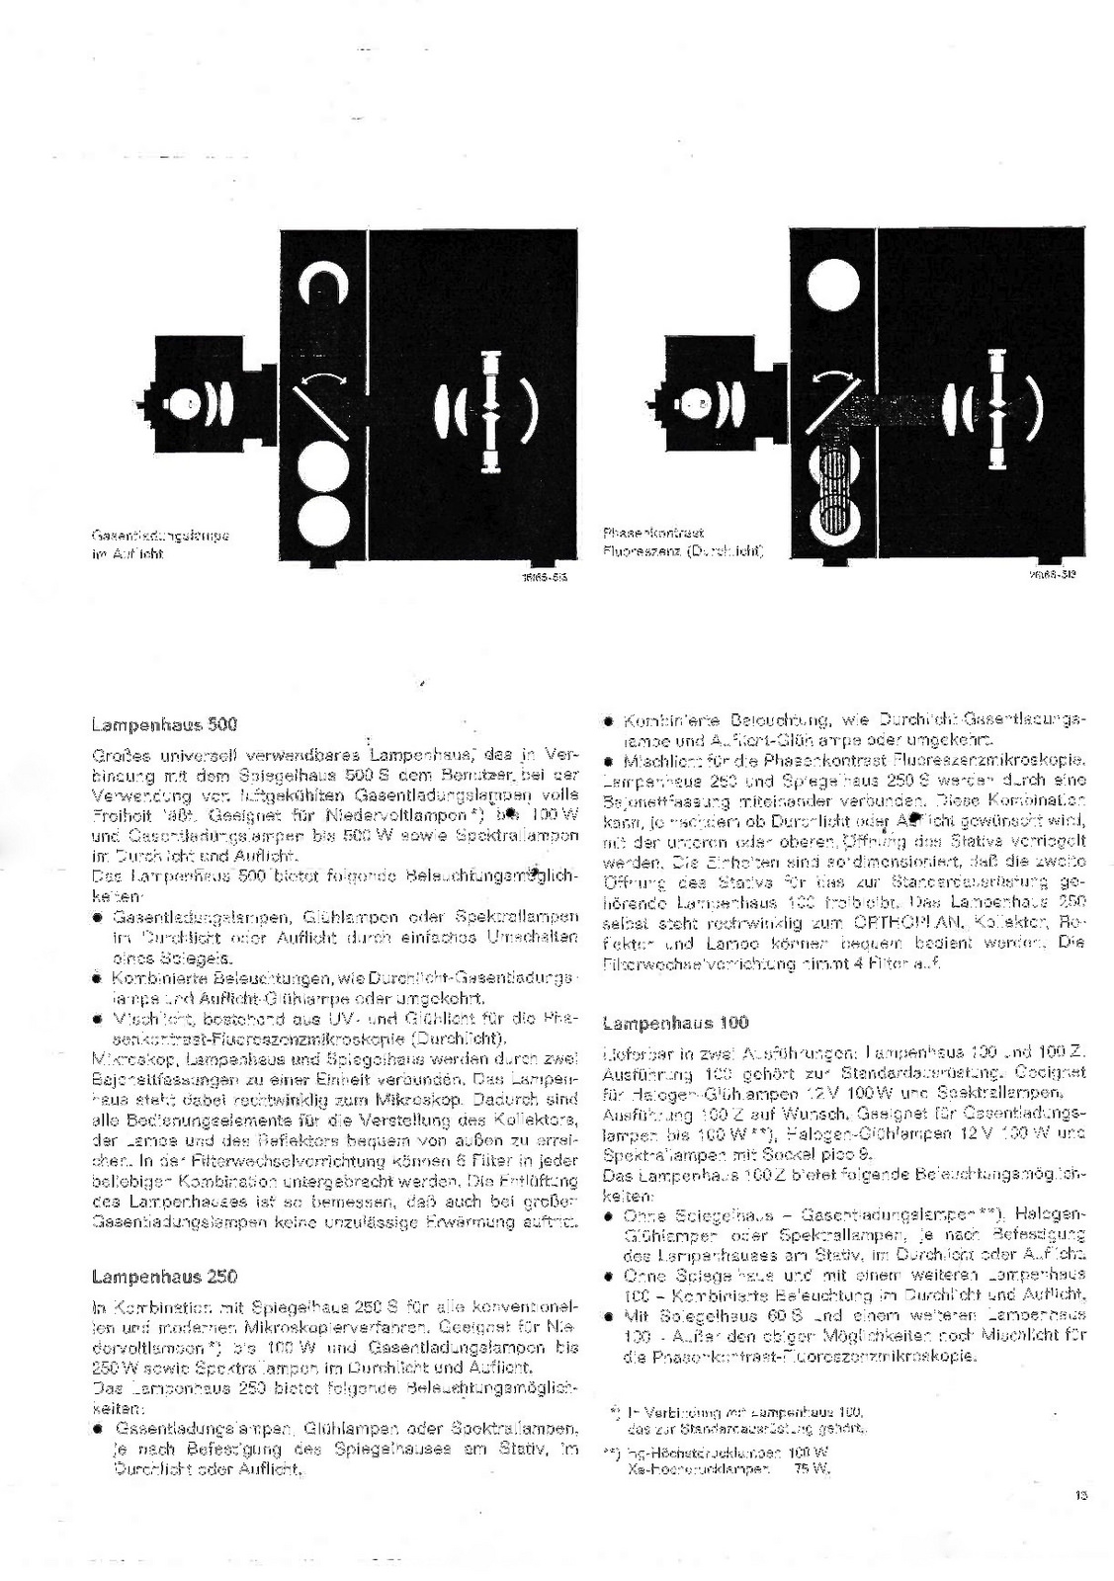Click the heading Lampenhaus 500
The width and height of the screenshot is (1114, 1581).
[x=164, y=724]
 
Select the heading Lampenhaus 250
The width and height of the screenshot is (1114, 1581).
[x=164, y=1276]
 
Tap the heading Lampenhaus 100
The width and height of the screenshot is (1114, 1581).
[x=675, y=1023]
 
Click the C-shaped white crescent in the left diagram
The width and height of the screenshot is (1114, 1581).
[x=327, y=286]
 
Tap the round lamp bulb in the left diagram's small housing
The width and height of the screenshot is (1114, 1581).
[x=183, y=403]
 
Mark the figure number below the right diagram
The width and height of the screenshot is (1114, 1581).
[x=1055, y=571]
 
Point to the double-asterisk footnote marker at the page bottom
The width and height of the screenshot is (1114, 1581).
[x=610, y=1453]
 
